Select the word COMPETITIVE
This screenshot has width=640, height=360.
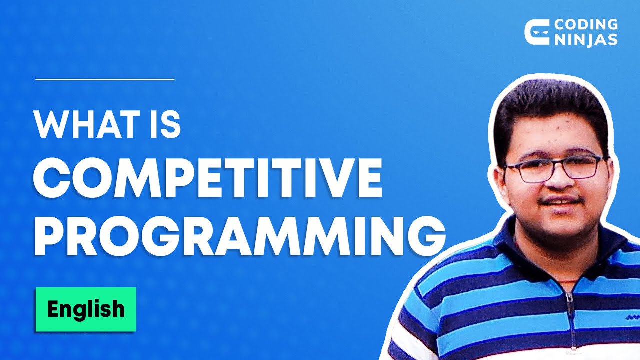[x=208, y=179]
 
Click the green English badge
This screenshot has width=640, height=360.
[x=85, y=309]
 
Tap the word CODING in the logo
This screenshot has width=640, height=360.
[x=586, y=24]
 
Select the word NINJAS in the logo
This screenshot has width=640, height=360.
[x=586, y=39]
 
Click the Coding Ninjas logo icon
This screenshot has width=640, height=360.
[x=536, y=32]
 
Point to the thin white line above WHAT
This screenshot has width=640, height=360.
[x=105, y=79]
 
